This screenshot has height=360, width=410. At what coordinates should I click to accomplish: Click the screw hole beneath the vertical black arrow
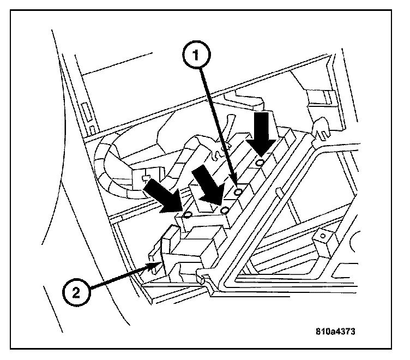click(261, 163)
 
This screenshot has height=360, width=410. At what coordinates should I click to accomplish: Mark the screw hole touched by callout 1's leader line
click(237, 192)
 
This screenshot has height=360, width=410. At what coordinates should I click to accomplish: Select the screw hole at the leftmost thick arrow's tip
click(186, 214)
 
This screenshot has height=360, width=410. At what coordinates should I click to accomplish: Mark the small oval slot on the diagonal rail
click(278, 191)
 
